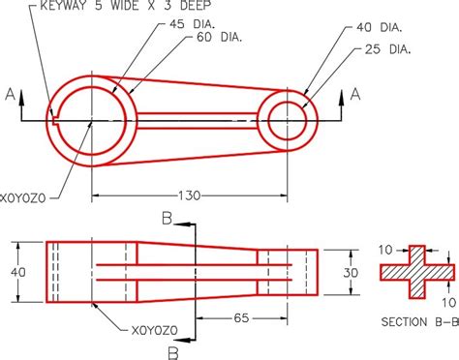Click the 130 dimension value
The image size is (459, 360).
coord(190,195)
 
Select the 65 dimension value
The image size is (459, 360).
coord(241,318)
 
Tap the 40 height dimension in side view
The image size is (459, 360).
coord(18,272)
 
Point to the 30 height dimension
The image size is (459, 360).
coord(351,273)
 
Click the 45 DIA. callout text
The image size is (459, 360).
coord(192,24)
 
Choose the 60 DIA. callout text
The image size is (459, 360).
coord(219,37)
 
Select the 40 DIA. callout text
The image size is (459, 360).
coord(380,27)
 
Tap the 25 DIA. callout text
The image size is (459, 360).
coord(387,49)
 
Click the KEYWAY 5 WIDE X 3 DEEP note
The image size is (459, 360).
coord(126,5)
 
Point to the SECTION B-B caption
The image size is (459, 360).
coord(420,321)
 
